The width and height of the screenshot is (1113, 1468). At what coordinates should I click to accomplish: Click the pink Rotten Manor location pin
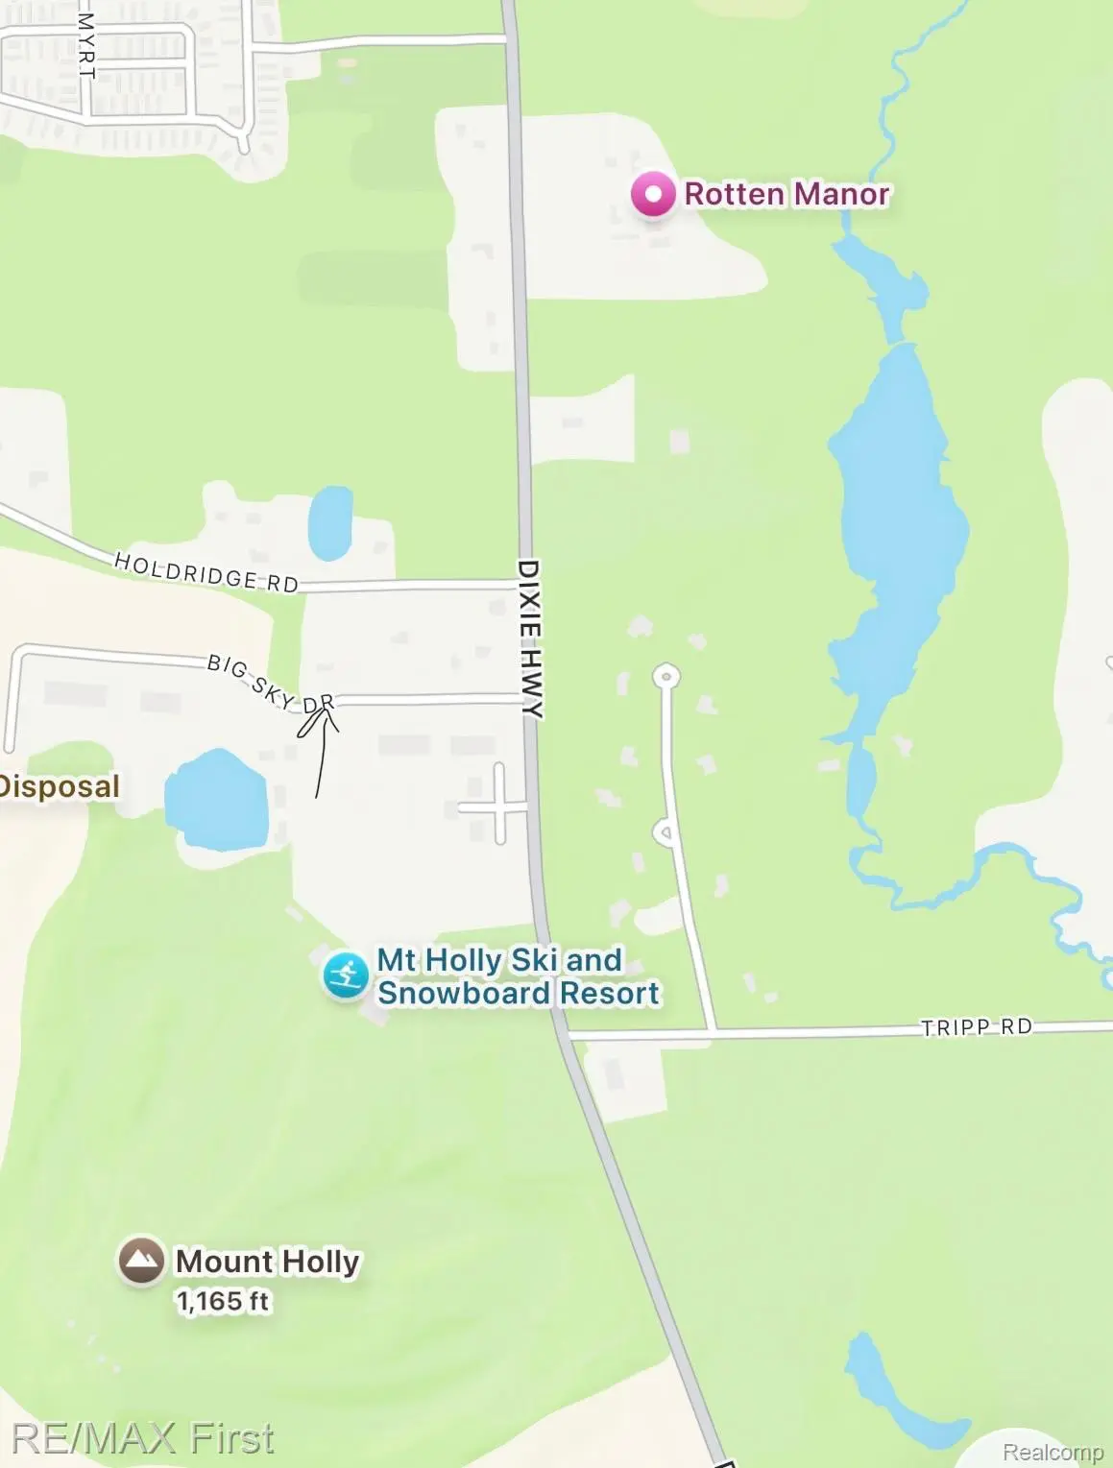[654, 195]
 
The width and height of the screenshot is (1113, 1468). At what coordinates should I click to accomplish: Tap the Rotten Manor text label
[786, 194]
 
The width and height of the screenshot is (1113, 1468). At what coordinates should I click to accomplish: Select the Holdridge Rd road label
[206, 572]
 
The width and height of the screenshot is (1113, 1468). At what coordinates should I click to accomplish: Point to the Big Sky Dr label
[271, 685]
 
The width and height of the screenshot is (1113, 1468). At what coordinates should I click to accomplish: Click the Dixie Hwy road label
[530, 638]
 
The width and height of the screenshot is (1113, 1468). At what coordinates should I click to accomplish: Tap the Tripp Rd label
[976, 1027]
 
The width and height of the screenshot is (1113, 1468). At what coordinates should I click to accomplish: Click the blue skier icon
[345, 975]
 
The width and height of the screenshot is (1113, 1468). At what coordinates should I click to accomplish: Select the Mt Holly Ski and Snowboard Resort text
[518, 976]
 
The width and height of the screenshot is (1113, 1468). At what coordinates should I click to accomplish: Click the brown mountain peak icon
[141, 1260]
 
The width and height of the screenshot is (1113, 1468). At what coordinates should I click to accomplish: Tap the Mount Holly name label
[267, 1261]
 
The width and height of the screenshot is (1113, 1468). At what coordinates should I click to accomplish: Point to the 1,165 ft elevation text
[223, 1301]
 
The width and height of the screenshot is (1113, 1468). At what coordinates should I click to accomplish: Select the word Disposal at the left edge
[60, 786]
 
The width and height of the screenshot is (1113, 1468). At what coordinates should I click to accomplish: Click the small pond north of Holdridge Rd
[329, 522]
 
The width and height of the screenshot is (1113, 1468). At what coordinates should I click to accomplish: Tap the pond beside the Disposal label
[216, 800]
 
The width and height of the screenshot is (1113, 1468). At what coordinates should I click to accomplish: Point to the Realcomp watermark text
[1053, 1452]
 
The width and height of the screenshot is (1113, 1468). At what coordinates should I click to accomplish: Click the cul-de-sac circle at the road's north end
[665, 676]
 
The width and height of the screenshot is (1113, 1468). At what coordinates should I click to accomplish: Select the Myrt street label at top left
[86, 45]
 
